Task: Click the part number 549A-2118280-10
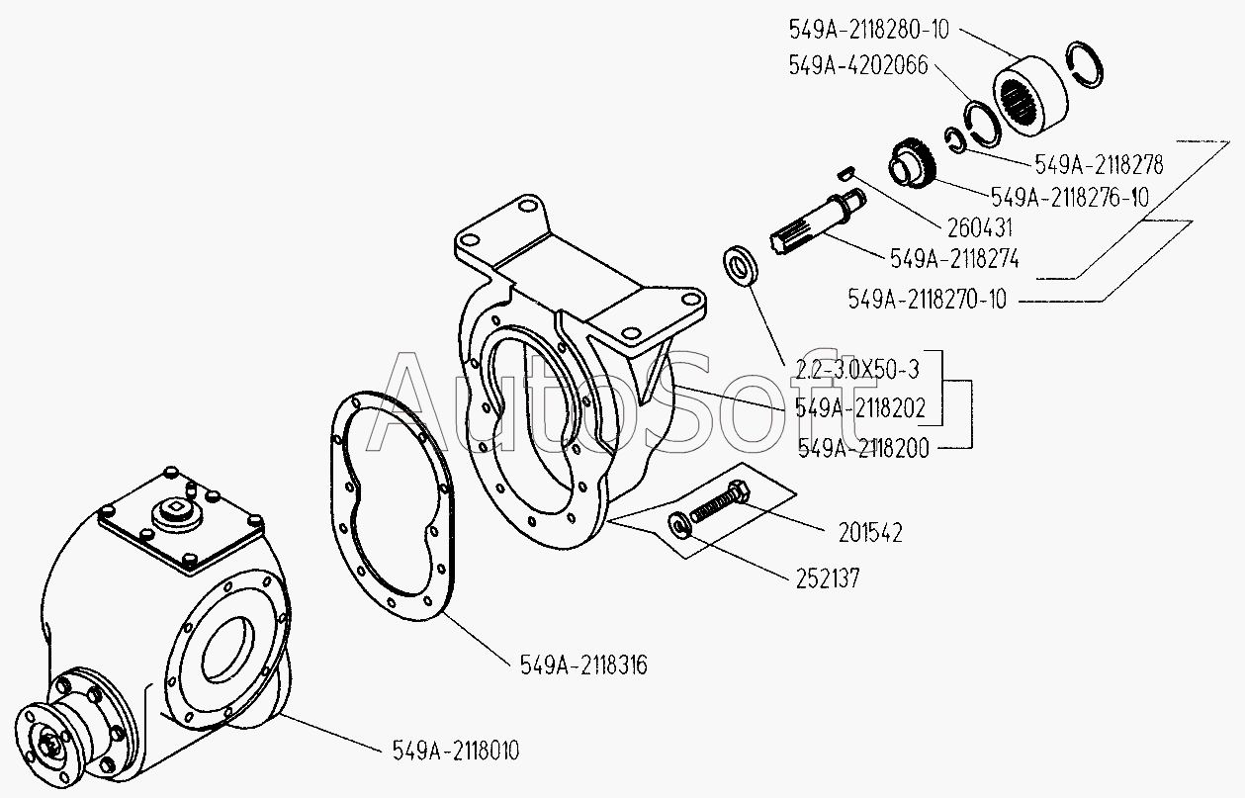tap(869, 30)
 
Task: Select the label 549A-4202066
tap(858, 65)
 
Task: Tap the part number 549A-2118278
tap(1099, 164)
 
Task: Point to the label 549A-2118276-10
tap(1070, 198)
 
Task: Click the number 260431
tap(980, 227)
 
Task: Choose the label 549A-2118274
tap(955, 259)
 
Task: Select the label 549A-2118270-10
tap(928, 300)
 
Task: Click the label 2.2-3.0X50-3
tap(857, 370)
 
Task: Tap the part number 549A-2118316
tap(583, 665)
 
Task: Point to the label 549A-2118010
tap(456, 752)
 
